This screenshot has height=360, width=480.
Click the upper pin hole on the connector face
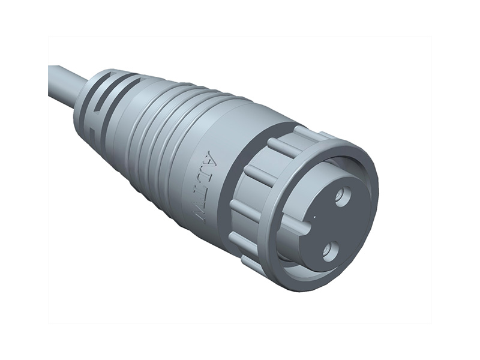[x=343, y=196]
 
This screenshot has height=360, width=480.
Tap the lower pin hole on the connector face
[x=329, y=249]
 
